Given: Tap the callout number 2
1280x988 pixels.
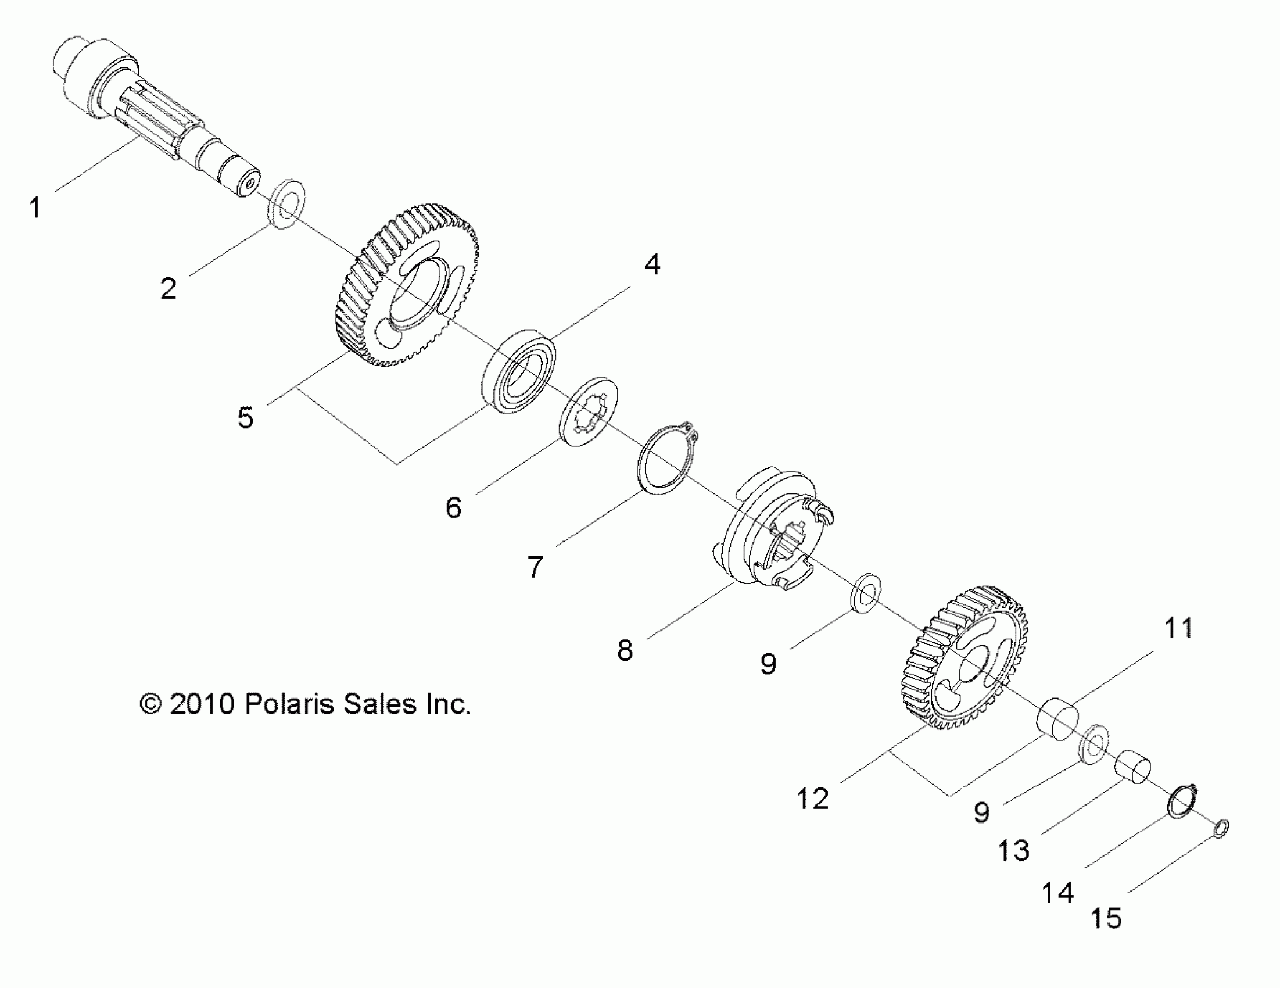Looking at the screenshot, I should pyautogui.click(x=168, y=288).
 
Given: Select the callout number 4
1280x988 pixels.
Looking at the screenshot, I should pyautogui.click(x=652, y=264).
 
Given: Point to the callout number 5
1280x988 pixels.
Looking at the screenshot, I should pyautogui.click(x=246, y=418).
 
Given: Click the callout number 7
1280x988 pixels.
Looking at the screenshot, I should pyautogui.click(x=535, y=567).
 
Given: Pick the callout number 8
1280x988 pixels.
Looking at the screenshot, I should pyautogui.click(x=625, y=650).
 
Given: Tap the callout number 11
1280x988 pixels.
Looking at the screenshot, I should pyautogui.click(x=1178, y=628).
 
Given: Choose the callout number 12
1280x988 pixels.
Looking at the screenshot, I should pyautogui.click(x=813, y=799).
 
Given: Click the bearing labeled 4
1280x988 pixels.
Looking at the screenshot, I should pyautogui.click(x=519, y=371).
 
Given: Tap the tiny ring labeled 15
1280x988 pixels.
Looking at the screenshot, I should pyautogui.click(x=1221, y=829).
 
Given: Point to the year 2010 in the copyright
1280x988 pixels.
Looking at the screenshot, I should pyautogui.click(x=202, y=704).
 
